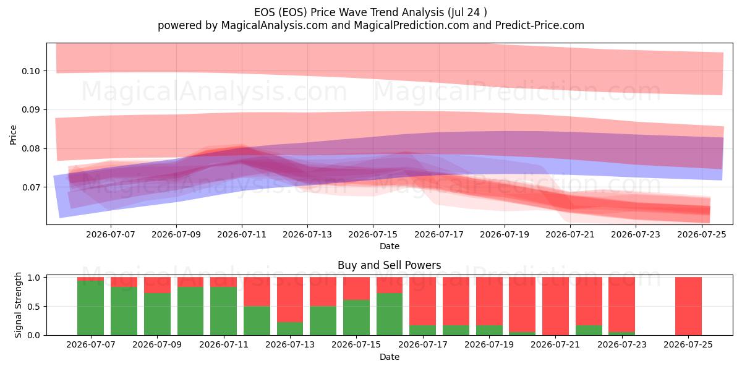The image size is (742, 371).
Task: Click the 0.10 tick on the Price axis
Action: coord(31,71)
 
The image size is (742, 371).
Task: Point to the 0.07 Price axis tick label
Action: coord(31,187)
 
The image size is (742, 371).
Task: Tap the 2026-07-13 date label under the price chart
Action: coord(307,234)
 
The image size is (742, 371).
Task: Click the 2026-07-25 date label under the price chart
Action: coord(702,234)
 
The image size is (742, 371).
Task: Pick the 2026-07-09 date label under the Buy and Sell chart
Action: coord(157,344)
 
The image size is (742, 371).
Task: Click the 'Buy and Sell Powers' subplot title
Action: coord(389,265)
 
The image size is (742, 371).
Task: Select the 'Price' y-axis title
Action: coord(13,135)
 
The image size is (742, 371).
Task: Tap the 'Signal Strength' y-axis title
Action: coord(18,305)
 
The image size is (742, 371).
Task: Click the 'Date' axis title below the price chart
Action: coord(389,246)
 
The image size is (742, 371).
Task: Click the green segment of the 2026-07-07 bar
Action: coord(90,308)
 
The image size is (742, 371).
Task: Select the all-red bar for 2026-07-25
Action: coord(688,306)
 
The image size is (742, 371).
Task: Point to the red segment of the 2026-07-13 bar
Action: coord(290,300)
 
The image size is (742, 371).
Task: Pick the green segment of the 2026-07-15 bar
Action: coord(356,318)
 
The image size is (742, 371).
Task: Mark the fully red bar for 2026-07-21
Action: coord(555,306)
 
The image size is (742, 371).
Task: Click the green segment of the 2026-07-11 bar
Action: coord(224,311)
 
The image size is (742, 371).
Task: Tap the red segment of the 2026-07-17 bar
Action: coord(423,302)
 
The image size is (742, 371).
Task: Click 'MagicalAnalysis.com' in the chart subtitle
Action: coord(275,25)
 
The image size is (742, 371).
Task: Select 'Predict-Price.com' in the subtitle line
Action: coord(540,25)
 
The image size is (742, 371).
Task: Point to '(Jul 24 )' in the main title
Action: coord(467,12)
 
